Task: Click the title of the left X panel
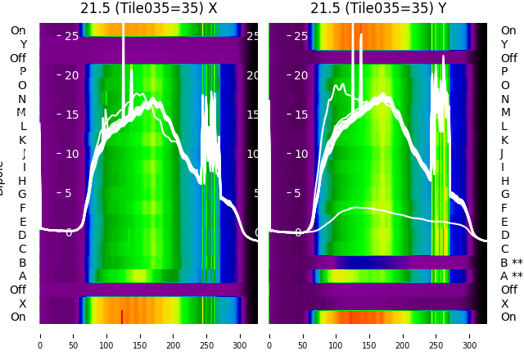(148, 8)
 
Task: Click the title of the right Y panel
(378, 8)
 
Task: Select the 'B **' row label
(511, 263)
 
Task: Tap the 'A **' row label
(511, 277)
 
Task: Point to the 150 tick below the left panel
(140, 335)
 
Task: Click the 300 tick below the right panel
(470, 335)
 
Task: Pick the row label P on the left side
(23, 72)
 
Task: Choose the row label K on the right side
(504, 140)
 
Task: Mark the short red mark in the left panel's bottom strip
(122, 316)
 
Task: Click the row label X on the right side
(504, 304)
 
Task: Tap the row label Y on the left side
(23, 45)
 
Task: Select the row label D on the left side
(23, 236)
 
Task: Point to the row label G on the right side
(504, 195)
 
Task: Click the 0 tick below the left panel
(40, 335)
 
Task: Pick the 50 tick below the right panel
(303, 335)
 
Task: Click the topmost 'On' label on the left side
(18, 31)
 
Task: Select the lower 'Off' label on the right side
(508, 290)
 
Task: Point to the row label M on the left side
(22, 113)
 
